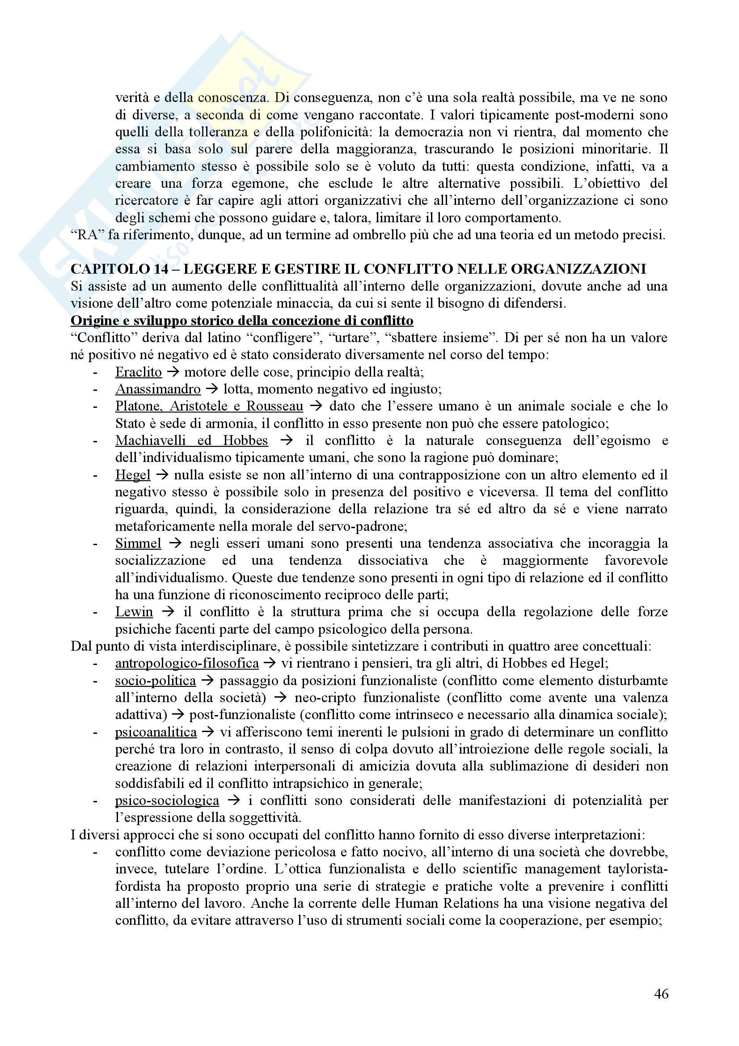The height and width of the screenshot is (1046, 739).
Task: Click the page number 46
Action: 661,994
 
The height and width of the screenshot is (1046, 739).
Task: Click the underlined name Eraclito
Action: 139,372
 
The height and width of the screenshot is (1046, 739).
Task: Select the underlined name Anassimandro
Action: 157,389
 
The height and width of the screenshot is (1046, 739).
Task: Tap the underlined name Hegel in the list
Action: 132,475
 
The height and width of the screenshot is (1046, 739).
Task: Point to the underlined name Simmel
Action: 138,543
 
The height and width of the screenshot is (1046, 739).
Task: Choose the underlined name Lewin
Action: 134,612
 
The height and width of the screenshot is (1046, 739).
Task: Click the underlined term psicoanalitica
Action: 156,732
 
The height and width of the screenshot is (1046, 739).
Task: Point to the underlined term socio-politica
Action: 155,681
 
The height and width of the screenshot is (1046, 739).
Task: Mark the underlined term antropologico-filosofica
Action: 187,663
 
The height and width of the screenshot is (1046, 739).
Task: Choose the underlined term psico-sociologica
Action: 167,800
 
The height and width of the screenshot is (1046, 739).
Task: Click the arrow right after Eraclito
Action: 173,372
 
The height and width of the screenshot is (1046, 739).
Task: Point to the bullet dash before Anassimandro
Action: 95,390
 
